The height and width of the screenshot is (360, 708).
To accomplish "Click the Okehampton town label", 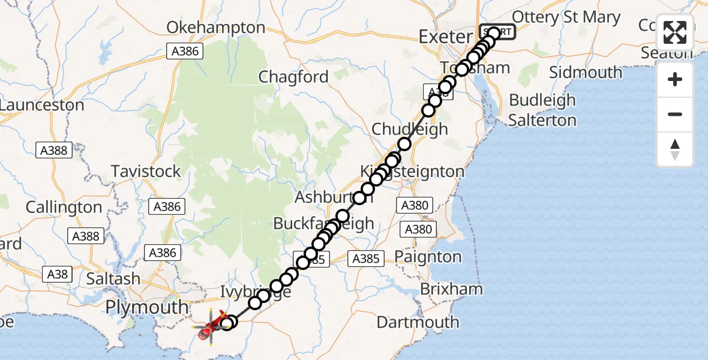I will [215, 28].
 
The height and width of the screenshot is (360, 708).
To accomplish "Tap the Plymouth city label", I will [146, 307].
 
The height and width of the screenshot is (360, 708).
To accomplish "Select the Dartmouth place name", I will [418, 322].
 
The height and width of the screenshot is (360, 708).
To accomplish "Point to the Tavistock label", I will [146, 172].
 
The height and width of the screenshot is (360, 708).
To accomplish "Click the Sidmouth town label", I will [586, 73].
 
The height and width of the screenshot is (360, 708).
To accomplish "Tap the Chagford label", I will [293, 77].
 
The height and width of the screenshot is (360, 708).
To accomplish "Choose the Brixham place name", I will [451, 289].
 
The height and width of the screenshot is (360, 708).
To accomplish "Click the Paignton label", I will [428, 257].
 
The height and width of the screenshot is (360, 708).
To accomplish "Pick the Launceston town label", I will [42, 105].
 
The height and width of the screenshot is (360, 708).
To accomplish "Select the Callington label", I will [64, 208].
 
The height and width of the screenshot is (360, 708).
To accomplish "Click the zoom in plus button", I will [675, 79].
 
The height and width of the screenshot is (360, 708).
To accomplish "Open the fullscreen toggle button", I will [675, 33].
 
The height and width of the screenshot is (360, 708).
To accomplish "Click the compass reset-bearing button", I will [675, 149].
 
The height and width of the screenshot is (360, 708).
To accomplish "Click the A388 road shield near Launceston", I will [53, 151].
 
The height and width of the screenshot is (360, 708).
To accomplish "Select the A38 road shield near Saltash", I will [58, 275].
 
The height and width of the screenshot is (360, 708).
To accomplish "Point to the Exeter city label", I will [446, 37].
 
